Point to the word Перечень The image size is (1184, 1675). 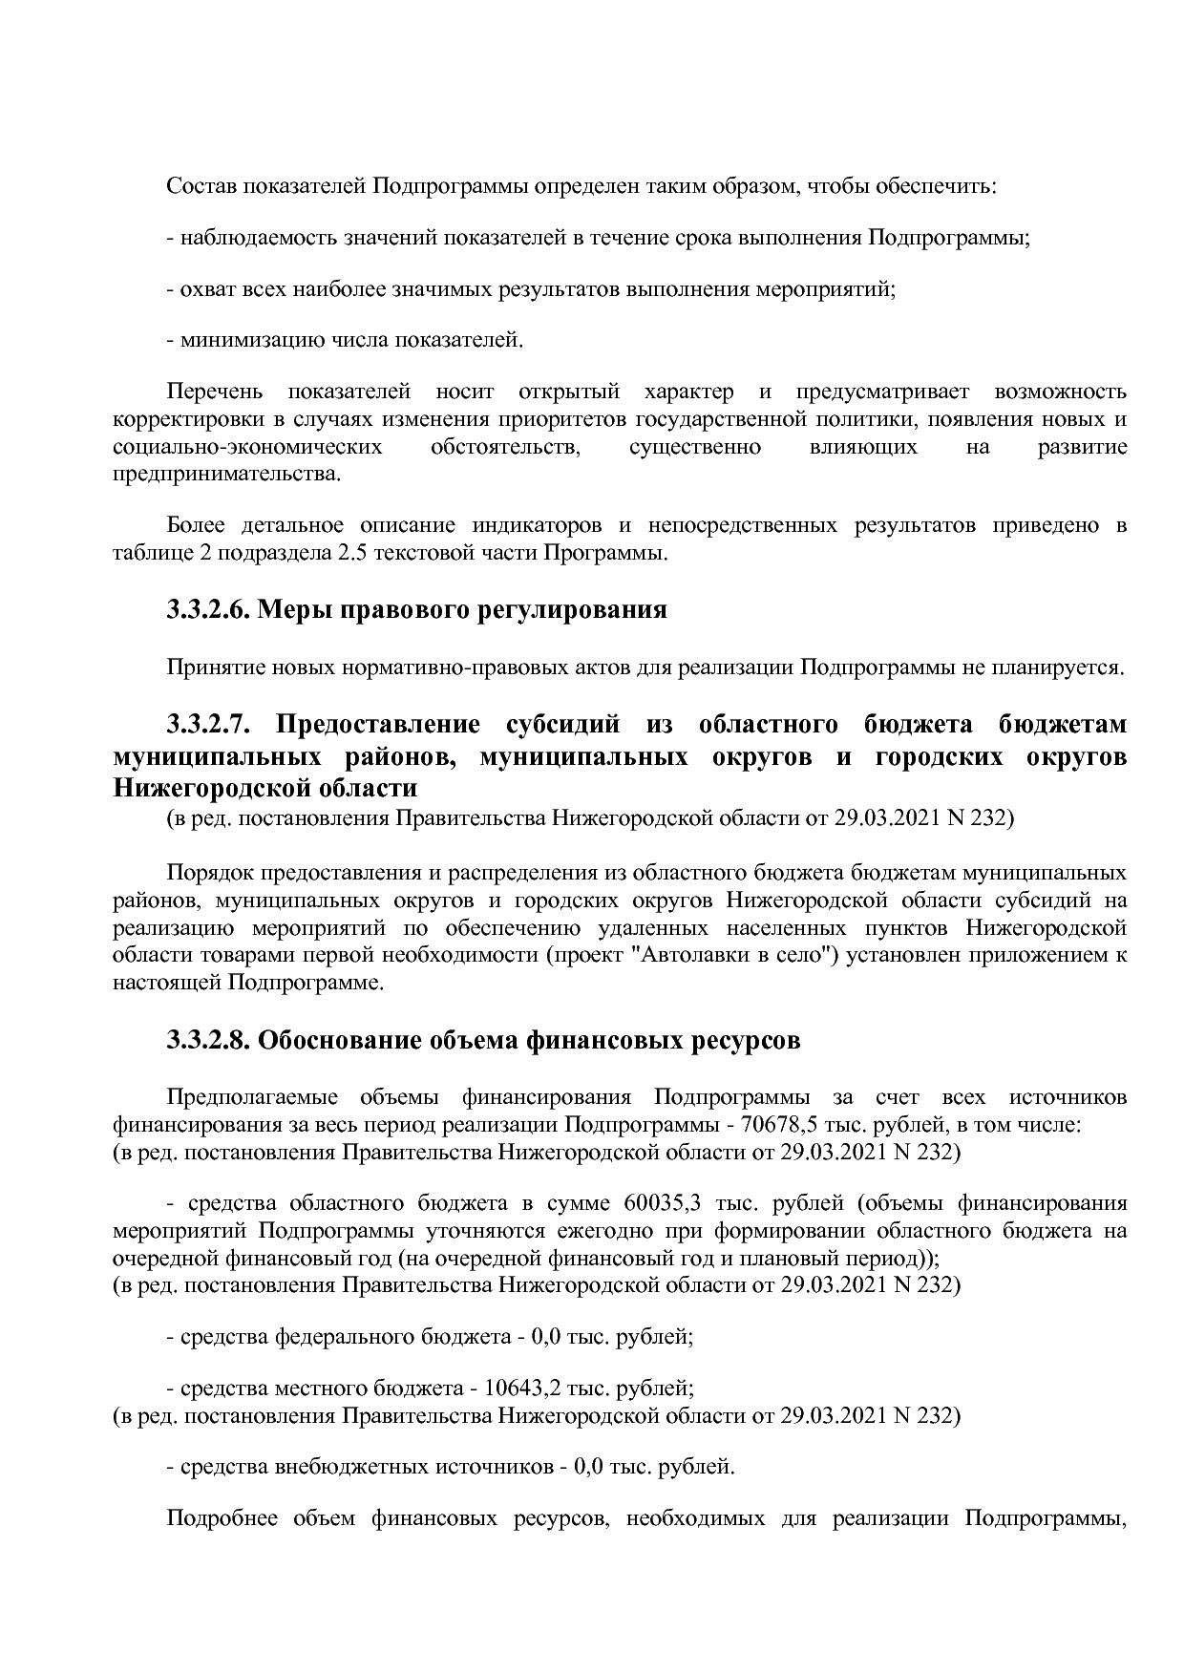coord(212,392)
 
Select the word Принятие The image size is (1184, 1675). coord(208,668)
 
